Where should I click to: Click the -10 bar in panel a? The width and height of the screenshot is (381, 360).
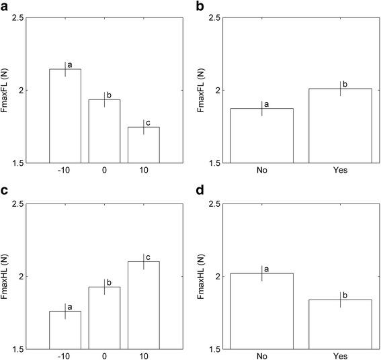(x=65, y=116)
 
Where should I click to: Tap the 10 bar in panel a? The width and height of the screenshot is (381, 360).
(x=143, y=144)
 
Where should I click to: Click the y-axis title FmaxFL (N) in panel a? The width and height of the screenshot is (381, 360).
(x=5, y=90)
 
